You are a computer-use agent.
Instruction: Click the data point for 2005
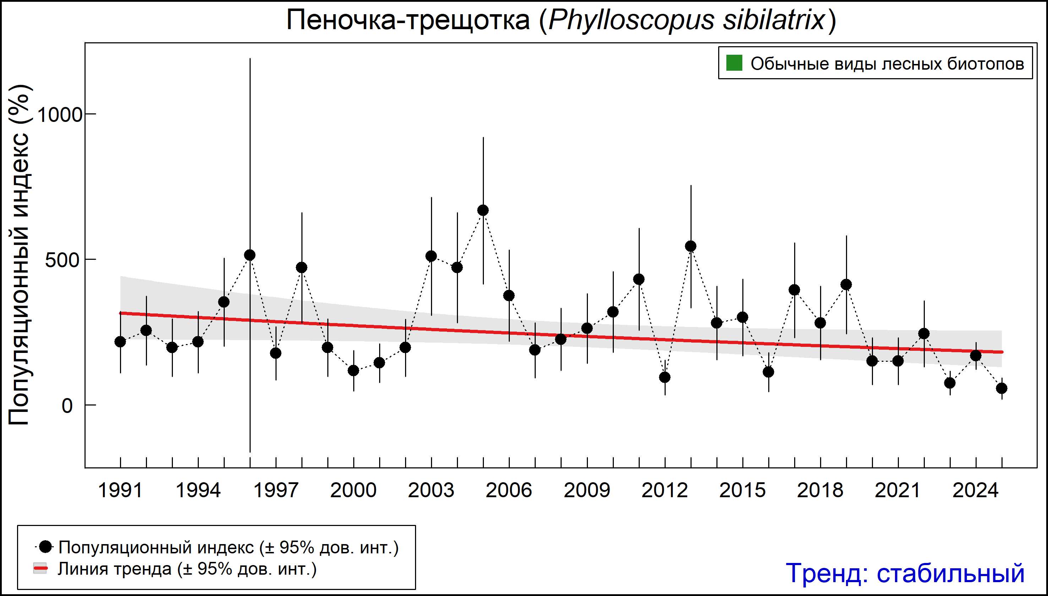coord(483,210)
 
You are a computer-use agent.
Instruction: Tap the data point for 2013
coord(691,246)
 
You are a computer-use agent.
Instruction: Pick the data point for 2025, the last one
coord(1002,388)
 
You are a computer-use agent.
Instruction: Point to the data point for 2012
coord(665,377)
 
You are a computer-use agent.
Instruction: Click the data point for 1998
coord(301,268)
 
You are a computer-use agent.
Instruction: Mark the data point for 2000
coord(353,370)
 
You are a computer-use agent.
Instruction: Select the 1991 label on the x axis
coord(120,490)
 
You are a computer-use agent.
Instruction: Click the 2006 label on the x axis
coord(509,490)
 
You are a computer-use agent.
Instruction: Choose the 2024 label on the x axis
coord(976,490)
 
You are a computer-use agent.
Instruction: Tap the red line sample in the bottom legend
coord(40,569)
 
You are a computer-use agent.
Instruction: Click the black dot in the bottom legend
coord(46,547)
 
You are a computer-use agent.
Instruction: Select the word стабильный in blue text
coord(950,573)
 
